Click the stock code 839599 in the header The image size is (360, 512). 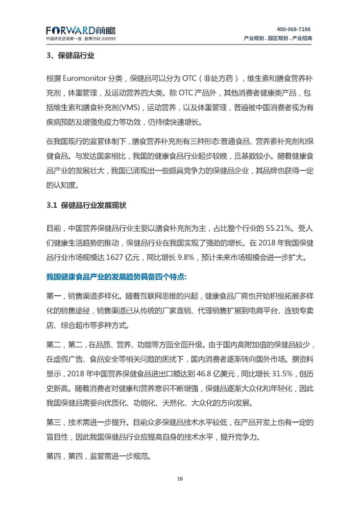tap(107, 39)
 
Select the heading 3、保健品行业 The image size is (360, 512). tap(71, 56)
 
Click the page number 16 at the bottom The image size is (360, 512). tap(180, 478)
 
